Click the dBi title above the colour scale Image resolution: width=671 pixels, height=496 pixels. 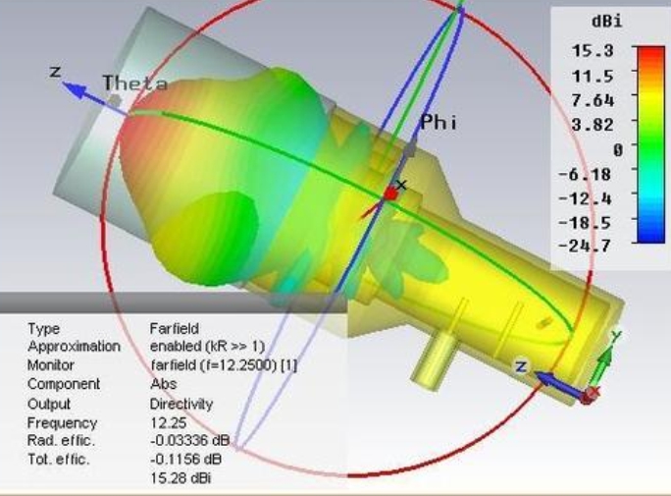606,22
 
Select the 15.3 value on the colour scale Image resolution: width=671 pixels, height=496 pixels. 593,51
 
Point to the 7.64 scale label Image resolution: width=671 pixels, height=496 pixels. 593,100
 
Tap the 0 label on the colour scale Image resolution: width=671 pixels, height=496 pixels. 617,150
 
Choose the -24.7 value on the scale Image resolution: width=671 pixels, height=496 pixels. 585,246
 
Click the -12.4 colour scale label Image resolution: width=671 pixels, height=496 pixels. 585,198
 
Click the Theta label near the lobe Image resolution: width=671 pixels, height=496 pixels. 135,83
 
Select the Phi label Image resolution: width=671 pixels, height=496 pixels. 439,123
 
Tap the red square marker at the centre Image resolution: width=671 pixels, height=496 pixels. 390,194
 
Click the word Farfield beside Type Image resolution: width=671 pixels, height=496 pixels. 175,328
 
